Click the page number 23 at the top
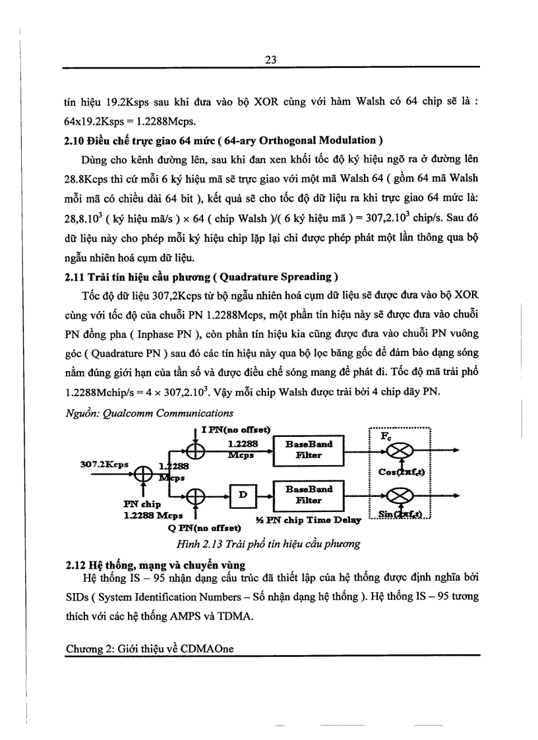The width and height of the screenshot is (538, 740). coord(270,59)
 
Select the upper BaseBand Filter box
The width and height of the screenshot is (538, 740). coord(309,449)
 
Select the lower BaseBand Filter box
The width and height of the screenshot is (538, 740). coord(309,495)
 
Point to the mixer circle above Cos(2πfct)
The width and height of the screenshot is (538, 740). coord(402,451)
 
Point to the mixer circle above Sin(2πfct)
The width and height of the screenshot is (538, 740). coord(402,496)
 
